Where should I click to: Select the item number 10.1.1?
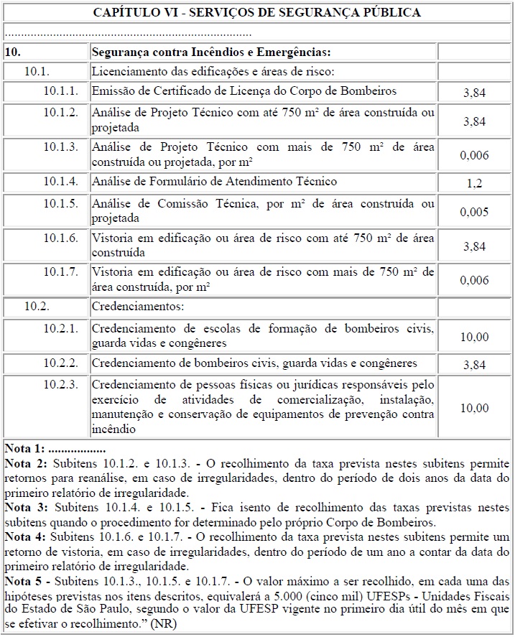[x=60, y=91]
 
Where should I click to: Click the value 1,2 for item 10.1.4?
[x=474, y=183]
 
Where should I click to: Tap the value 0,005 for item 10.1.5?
[x=474, y=212]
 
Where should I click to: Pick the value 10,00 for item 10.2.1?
[x=474, y=336]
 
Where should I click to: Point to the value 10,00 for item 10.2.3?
[x=474, y=408]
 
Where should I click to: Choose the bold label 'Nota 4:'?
[x=25, y=536]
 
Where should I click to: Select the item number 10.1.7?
[x=60, y=272]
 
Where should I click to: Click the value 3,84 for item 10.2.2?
[x=474, y=365]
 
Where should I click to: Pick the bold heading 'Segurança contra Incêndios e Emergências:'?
[x=211, y=52]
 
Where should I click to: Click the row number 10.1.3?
[x=60, y=147]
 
